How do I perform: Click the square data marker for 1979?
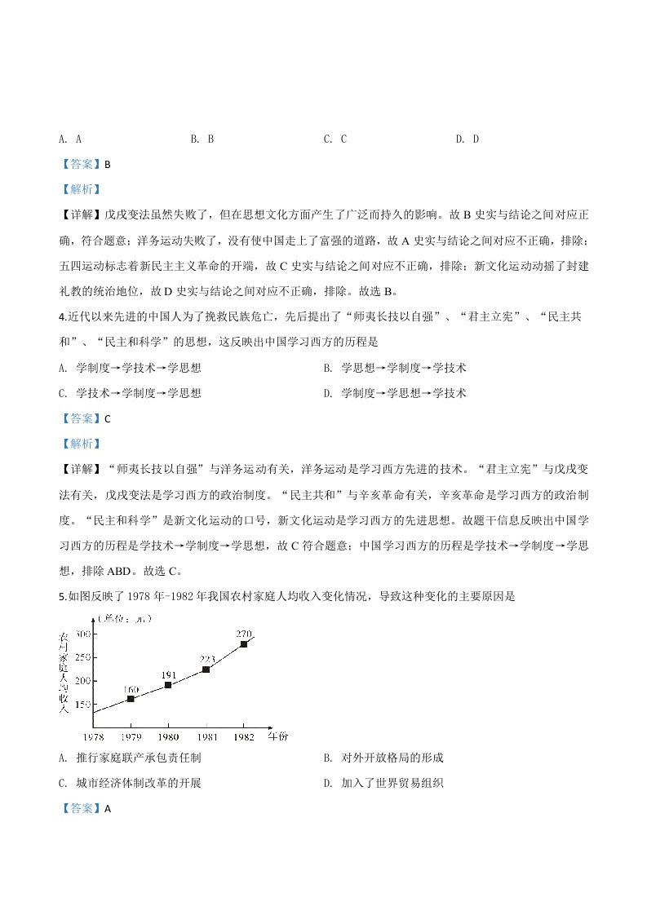(x=131, y=699)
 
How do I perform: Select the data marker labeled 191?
(x=168, y=685)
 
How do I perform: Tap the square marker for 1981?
(x=206, y=670)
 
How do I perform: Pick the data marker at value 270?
(x=243, y=644)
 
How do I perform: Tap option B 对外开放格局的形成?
(x=383, y=758)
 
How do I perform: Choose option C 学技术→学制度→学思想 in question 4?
(x=131, y=393)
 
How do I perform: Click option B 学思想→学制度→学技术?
(x=395, y=368)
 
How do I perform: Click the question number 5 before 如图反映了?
(x=62, y=596)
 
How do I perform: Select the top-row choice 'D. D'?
(x=467, y=139)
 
